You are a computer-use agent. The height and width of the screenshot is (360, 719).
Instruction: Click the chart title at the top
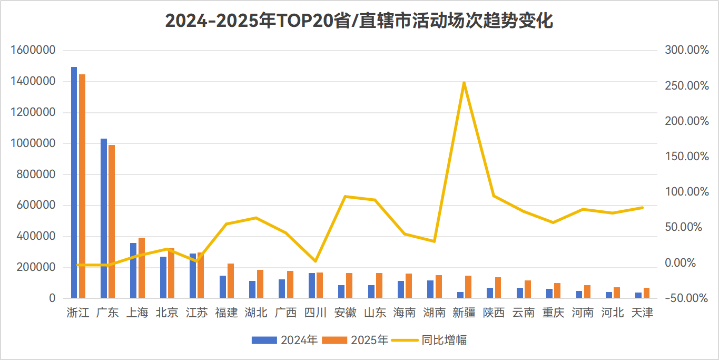click(359, 21)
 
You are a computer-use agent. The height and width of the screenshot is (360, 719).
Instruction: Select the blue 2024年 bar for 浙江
click(74, 182)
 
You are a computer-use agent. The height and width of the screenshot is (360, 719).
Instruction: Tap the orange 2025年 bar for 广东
click(112, 221)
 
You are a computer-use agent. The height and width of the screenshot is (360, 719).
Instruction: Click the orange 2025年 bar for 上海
click(142, 268)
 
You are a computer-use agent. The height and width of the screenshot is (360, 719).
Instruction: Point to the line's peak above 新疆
click(464, 83)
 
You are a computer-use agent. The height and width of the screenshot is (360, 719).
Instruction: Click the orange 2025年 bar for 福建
click(231, 281)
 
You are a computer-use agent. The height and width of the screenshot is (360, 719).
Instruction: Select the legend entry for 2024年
click(285, 340)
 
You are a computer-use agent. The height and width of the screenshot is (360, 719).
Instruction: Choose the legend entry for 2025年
click(356, 340)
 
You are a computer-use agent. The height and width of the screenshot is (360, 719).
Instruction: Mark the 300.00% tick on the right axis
click(687, 50)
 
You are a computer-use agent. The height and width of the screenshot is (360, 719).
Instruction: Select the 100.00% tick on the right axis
click(687, 191)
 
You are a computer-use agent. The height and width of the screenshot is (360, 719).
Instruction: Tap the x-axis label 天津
click(642, 313)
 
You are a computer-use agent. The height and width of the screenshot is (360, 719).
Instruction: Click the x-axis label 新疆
click(464, 313)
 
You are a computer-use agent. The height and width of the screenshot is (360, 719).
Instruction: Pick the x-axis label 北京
click(167, 313)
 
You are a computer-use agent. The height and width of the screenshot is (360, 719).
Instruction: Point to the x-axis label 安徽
click(345, 313)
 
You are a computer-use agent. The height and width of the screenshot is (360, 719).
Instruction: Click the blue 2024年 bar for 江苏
click(193, 276)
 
